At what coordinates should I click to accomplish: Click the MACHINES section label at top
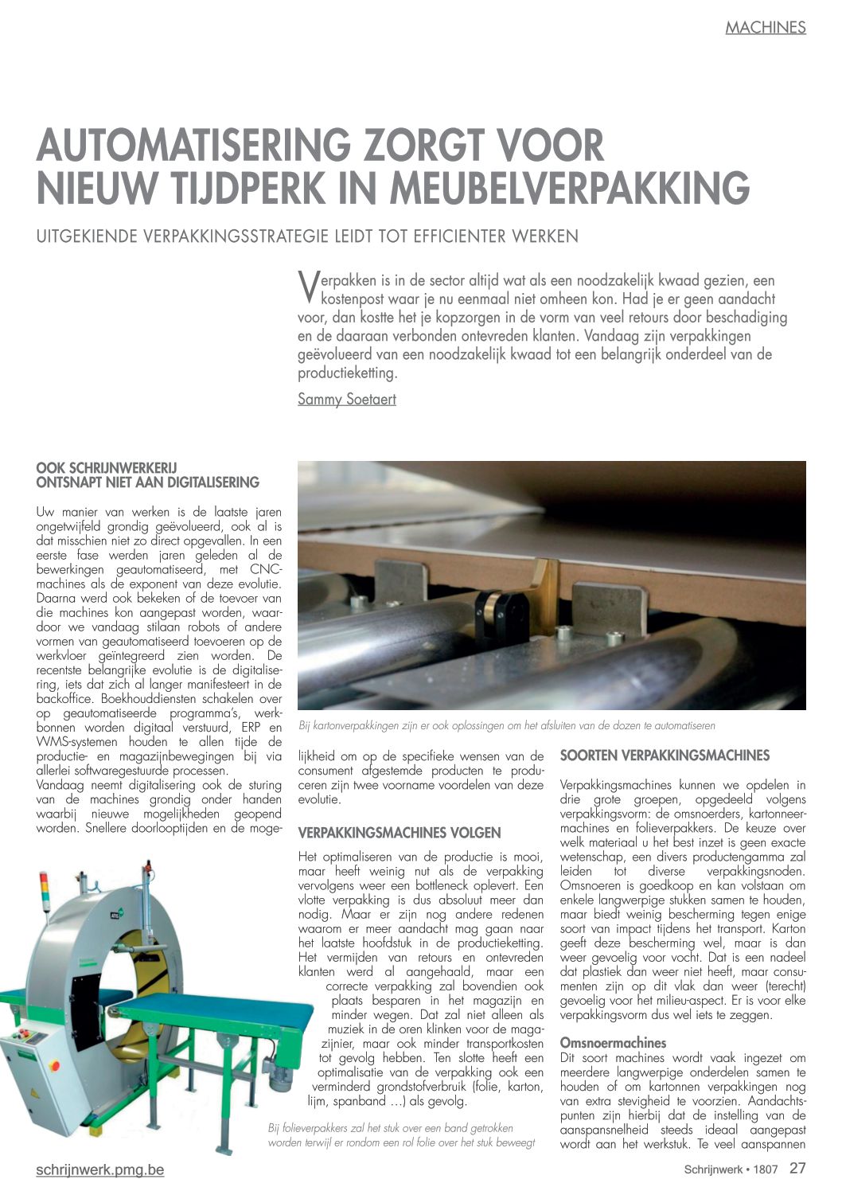pyautogui.click(x=765, y=28)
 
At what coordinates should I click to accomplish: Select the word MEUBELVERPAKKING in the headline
pyautogui.click(x=570, y=189)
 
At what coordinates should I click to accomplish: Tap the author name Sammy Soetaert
pyautogui.click(x=346, y=399)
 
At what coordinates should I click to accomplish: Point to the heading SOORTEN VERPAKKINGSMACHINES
pyautogui.click(x=665, y=755)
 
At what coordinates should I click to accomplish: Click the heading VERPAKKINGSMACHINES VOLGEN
pyautogui.click(x=400, y=833)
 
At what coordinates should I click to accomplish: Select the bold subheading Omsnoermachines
pyautogui.click(x=602, y=1042)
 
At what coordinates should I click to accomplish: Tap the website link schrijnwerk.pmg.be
pyautogui.click(x=100, y=1170)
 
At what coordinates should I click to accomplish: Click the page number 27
pyautogui.click(x=797, y=1169)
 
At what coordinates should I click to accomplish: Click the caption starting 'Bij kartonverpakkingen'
pyautogui.click(x=506, y=725)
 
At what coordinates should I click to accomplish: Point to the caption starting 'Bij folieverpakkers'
pyautogui.click(x=401, y=1135)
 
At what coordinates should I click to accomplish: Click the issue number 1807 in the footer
pyautogui.click(x=766, y=1170)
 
